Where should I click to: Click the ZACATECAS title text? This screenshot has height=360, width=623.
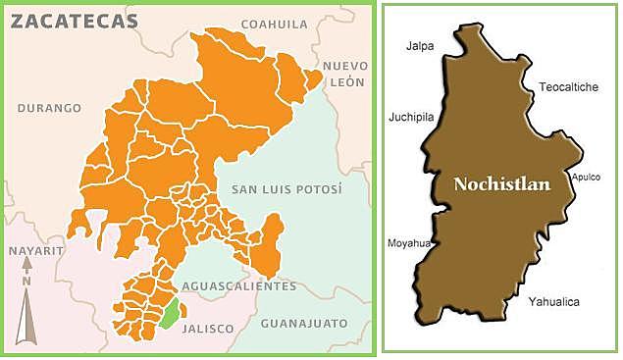75,23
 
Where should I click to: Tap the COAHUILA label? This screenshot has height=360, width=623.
274,24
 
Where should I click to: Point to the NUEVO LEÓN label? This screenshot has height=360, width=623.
344,74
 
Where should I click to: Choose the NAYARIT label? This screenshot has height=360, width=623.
36,251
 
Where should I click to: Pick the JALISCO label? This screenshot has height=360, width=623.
208,329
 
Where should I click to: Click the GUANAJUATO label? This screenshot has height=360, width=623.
304,323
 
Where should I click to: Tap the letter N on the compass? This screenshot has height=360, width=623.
27,283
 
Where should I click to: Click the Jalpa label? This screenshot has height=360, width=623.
420,45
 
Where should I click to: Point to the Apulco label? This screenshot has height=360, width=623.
586,179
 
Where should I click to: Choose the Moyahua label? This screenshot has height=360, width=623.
407,241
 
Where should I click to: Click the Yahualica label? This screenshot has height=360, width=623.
553,302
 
